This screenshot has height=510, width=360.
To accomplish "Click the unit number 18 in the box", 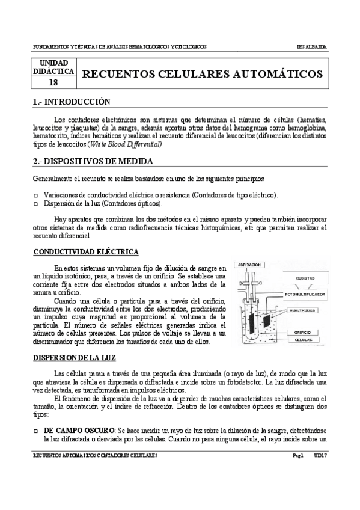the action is [53, 83].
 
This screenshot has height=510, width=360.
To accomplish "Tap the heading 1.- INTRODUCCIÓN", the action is [72, 102].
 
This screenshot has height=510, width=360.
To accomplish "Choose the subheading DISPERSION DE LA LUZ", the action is [75, 357].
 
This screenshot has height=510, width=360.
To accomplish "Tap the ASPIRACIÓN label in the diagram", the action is [250, 265].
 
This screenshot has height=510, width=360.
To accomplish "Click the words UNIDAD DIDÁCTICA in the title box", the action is [53, 67].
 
